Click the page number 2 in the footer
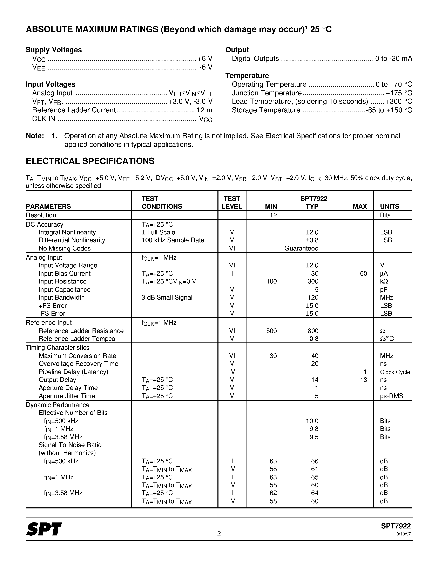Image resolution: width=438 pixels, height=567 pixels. coord(219,533)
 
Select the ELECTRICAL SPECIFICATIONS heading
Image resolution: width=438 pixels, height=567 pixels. coord(90,161)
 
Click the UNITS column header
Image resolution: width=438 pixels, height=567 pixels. coord(390,206)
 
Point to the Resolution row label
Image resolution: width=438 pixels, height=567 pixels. coord(41,215)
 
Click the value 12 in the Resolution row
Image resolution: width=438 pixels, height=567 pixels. coord(273,215)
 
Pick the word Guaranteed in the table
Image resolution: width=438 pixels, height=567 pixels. coord(301,248)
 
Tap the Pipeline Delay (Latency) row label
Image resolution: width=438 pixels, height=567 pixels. coord(73,372)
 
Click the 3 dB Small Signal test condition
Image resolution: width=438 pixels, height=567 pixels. coord(167,298)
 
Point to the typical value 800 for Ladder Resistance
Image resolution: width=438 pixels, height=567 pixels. coord(313,331)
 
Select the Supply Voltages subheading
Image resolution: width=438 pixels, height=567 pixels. coord(54,50)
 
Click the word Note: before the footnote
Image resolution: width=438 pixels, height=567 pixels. coord(35,136)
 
